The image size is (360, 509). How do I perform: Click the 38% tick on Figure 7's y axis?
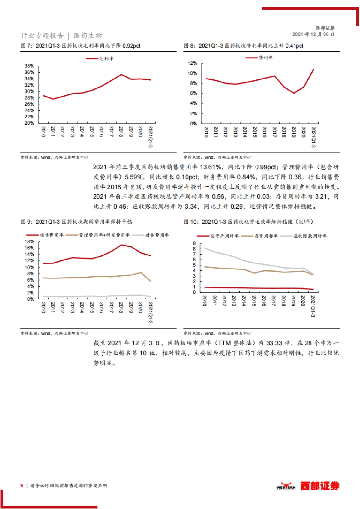(29, 66)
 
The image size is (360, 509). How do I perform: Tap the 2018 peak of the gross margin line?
(121, 75)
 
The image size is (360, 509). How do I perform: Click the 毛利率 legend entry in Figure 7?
(106, 58)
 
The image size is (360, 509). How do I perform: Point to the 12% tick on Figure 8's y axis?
(192, 63)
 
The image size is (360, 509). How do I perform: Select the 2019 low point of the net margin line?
(294, 93)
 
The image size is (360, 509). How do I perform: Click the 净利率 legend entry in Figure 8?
(265, 58)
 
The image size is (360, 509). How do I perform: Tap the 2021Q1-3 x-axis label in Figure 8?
(313, 137)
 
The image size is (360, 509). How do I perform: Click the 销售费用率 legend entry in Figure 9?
(52, 235)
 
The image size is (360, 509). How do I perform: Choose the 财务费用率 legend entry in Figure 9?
(157, 235)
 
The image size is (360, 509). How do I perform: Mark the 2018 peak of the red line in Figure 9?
(121, 245)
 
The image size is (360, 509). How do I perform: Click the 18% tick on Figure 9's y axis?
(29, 242)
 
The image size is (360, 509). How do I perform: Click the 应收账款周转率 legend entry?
(310, 236)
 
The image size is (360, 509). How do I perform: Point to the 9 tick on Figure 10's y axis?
(194, 243)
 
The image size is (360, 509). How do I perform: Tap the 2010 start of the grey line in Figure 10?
(205, 248)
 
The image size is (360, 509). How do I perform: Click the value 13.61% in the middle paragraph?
(211, 167)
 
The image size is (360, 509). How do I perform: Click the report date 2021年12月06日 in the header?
(313, 34)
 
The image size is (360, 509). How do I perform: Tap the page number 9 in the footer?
(22, 486)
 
